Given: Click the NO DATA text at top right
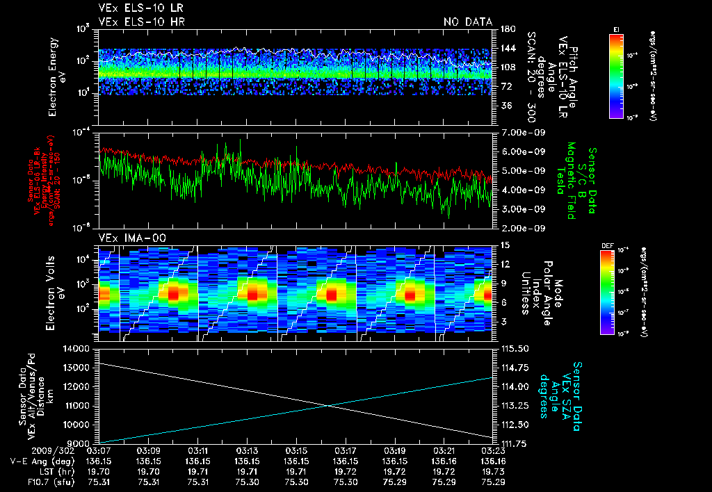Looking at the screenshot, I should click(x=468, y=22).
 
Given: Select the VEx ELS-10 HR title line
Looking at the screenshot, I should click(x=137, y=22).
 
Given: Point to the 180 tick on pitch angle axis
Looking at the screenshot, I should click(x=507, y=28).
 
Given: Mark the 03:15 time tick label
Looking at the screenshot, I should click(x=297, y=451).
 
